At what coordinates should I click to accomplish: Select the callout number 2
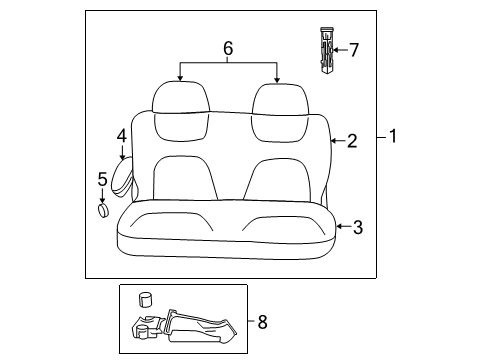click(x=351, y=142)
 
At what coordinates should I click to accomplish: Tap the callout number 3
click(x=357, y=227)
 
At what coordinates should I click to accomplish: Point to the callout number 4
click(x=121, y=134)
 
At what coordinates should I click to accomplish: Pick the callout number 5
click(x=102, y=179)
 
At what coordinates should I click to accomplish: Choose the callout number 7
click(x=353, y=48)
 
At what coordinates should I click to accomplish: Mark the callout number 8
click(x=262, y=322)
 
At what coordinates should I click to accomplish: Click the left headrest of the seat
click(x=181, y=97)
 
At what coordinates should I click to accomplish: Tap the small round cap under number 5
click(x=102, y=211)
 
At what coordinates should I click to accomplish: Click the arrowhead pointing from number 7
click(x=334, y=48)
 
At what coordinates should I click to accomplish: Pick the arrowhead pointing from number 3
click(x=338, y=227)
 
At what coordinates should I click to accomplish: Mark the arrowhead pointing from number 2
click(x=333, y=142)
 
